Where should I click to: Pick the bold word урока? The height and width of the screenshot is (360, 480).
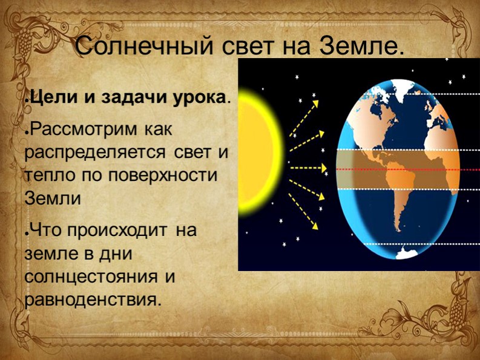pyautogui.click(x=193, y=98)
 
